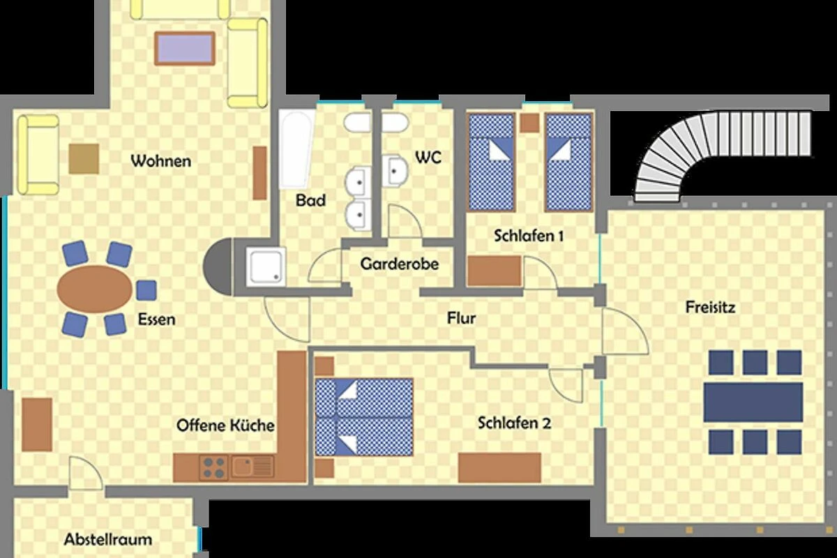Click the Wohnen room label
point(160,161)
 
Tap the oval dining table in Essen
point(95,289)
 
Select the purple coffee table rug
point(185,48)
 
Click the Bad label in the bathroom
point(310,200)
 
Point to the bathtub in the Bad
point(296,149)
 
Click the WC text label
point(428,158)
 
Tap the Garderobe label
point(400,264)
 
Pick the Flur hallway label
point(462,318)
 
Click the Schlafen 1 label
point(529,236)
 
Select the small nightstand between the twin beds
point(529,123)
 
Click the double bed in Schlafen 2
point(364,416)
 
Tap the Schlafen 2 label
point(514,423)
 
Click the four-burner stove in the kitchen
point(213,467)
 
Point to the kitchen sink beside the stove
point(252,467)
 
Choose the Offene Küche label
point(225,425)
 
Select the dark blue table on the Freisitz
point(753,402)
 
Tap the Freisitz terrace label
point(710,307)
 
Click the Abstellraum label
point(108,539)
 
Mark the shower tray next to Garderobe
point(266,266)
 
